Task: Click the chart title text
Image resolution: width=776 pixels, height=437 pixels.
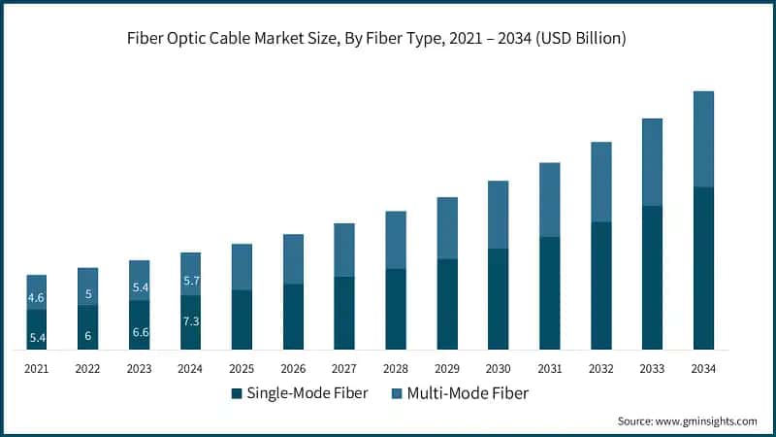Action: [387, 39]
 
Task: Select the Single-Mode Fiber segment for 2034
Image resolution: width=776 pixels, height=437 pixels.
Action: [703, 268]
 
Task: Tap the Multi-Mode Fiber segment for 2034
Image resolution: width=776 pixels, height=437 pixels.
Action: [703, 139]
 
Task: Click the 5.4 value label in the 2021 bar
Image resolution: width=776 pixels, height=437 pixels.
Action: [37, 337]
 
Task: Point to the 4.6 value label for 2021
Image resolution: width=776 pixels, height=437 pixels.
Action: [37, 297]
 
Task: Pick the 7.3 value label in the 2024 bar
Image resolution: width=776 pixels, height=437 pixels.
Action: [190, 321]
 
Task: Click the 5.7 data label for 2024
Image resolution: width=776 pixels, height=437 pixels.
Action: [190, 281]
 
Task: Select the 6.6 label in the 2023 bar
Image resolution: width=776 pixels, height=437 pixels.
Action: [139, 332]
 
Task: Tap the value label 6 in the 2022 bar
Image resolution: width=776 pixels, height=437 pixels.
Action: [88, 336]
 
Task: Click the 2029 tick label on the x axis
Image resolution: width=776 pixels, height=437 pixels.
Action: [447, 368]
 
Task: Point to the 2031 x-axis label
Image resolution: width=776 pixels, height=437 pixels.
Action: [549, 368]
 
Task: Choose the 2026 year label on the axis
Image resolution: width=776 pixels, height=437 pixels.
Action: [293, 368]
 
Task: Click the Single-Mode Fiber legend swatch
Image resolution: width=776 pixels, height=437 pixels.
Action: [236, 393]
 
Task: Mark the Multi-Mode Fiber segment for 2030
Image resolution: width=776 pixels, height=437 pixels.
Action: [499, 215]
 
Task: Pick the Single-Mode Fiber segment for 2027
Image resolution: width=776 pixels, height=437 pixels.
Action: [344, 313]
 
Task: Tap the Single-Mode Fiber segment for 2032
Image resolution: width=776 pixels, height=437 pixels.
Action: [600, 286]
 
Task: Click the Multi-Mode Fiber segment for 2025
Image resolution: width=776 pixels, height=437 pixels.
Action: [242, 267]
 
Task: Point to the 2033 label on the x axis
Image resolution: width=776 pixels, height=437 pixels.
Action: [652, 368]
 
